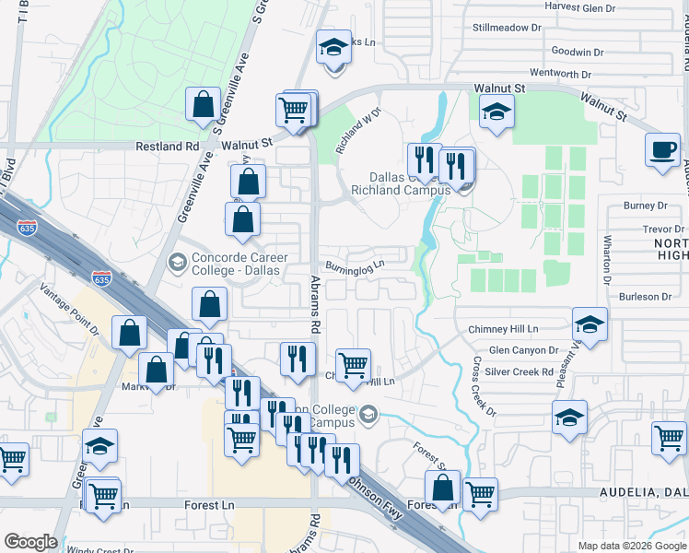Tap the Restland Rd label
(x=167, y=146)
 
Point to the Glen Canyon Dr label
(x=524, y=350)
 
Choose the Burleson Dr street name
(x=646, y=297)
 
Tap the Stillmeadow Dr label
(x=506, y=28)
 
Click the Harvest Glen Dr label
(x=579, y=6)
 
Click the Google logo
(x=30, y=542)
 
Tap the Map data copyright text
(x=631, y=546)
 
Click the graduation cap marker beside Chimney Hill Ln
(x=590, y=324)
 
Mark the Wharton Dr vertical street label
(x=608, y=263)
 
